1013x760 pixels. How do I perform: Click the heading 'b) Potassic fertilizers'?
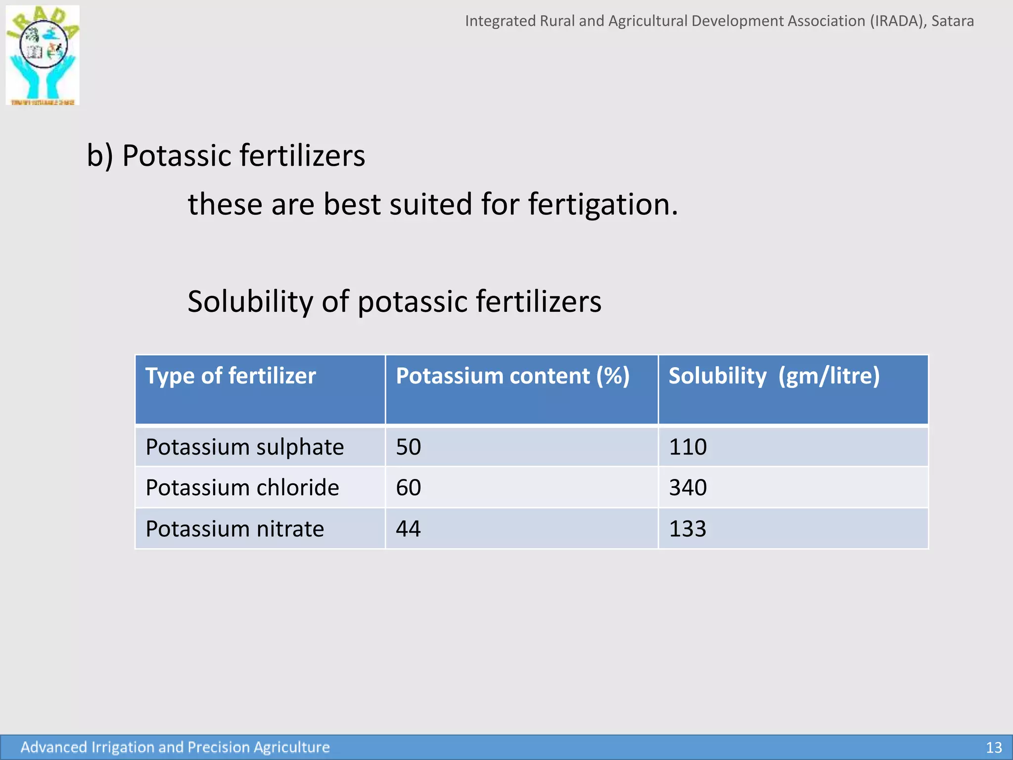(226, 156)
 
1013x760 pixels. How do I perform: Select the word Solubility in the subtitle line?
(250, 301)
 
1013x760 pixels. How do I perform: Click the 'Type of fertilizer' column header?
(230, 376)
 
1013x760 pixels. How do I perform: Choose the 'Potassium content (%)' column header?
(512, 376)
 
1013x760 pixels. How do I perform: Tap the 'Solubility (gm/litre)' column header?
(774, 376)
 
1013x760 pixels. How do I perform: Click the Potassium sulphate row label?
(244, 447)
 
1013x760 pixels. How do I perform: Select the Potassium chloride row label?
(242, 488)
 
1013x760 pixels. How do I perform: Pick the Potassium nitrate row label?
(235, 529)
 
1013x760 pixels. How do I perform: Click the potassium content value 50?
(408, 447)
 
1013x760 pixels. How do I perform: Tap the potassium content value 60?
(408, 488)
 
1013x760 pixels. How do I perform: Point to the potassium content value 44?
(408, 529)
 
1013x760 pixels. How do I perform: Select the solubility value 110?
(688, 447)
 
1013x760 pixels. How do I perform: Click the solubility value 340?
(688, 488)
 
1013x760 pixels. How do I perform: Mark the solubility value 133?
(688, 529)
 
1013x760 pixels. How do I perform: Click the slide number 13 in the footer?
(994, 747)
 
